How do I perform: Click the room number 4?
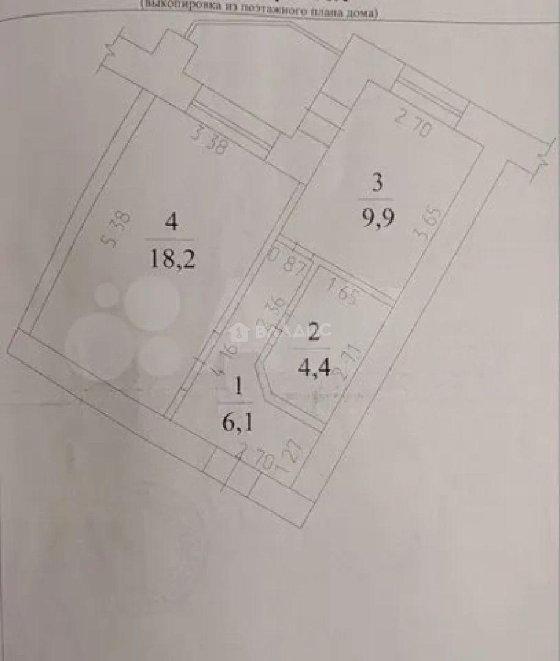click(x=171, y=222)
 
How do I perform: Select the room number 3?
click(x=377, y=182)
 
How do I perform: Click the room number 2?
click(x=313, y=332)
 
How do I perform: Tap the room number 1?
click(x=240, y=386)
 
